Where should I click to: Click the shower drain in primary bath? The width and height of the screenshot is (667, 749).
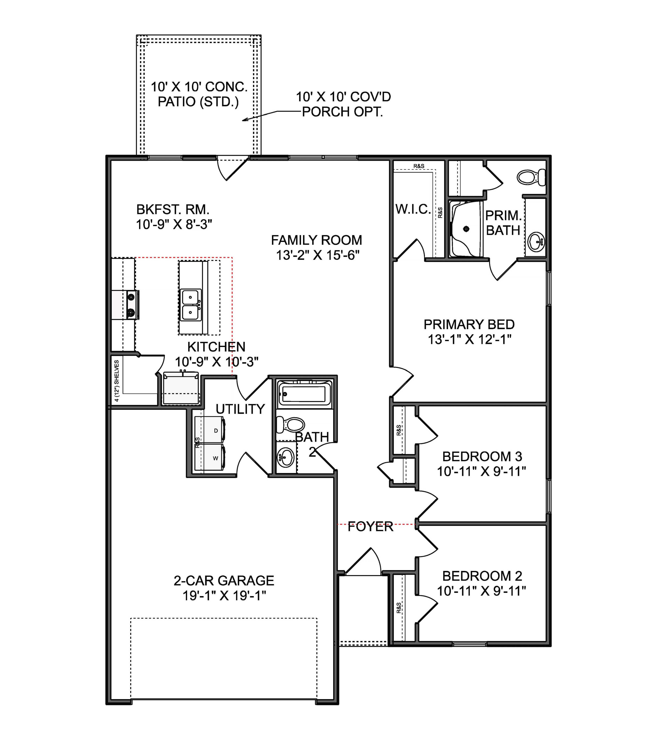(466, 229)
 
